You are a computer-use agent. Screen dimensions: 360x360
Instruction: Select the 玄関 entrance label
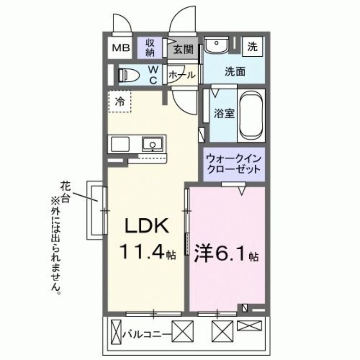coord(183,49)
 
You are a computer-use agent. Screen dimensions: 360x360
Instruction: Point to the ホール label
coord(182,75)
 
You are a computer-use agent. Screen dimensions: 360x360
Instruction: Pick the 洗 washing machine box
coord(253,47)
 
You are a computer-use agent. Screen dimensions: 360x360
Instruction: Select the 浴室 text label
coord(224,114)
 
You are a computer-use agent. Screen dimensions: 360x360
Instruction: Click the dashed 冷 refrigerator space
coord(120,102)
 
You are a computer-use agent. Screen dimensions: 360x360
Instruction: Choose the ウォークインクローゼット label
coord(233,164)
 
